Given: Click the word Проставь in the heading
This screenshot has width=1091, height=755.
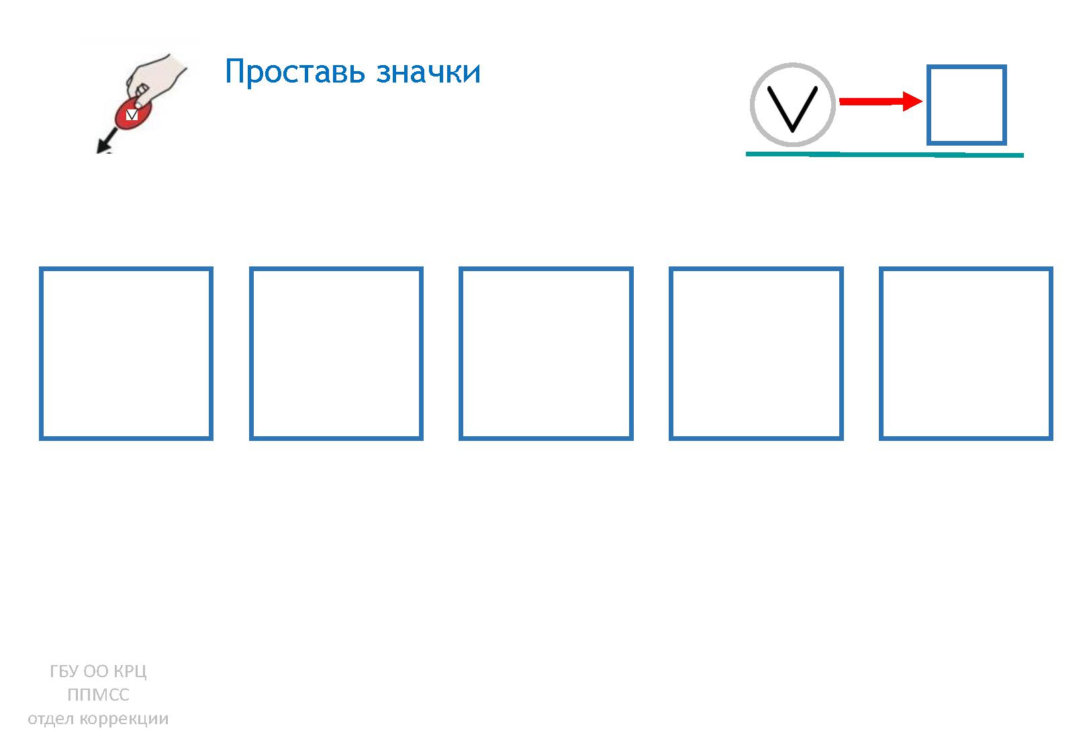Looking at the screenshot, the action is point(295,72).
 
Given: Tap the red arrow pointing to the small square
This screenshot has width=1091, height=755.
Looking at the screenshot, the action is point(881,101).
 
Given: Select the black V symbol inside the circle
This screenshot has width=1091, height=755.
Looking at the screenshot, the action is point(792,109).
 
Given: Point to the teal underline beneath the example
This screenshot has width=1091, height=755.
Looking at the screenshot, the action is point(884,154).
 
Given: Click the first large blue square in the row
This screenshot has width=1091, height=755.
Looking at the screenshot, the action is point(41,354).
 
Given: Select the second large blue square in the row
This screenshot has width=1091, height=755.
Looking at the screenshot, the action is point(251,354).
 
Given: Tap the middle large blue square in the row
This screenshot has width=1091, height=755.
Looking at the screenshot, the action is point(461,354).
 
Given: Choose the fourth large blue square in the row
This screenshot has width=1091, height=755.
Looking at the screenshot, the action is point(671,354).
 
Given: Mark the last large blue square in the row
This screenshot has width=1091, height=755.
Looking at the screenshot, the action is point(881,354).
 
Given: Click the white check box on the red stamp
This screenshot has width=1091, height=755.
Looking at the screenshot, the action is point(132,115).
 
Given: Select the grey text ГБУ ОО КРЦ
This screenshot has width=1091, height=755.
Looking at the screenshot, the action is point(98,671).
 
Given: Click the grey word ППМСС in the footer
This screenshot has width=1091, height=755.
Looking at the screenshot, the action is point(98,695).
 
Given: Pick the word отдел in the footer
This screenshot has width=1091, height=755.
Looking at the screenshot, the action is point(51,719).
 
